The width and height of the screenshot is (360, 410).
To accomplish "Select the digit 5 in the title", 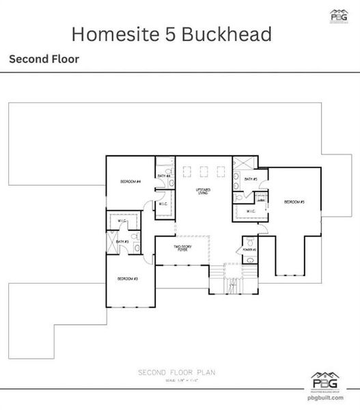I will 163,33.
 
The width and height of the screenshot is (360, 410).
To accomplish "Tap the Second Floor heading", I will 44,59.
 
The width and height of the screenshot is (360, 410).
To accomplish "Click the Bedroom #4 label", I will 130,182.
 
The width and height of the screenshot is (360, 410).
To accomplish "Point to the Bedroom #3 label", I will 128,279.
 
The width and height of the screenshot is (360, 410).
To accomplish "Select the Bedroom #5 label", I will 294,202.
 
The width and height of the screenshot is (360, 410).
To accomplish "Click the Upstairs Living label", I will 203,191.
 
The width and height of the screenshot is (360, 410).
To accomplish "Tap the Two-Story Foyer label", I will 180,249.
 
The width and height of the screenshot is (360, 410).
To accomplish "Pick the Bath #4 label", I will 164,176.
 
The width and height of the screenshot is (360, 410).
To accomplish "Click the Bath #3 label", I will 122,241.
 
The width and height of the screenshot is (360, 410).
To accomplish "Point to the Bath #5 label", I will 250,180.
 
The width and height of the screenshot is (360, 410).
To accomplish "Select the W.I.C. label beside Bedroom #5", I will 251,212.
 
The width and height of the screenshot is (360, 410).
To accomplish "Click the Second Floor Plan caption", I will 180,372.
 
